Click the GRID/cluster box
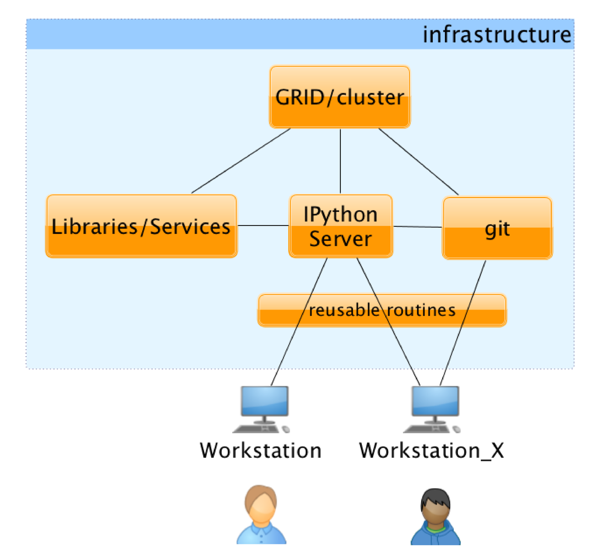[x=339, y=97]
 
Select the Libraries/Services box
[x=141, y=226]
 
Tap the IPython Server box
[x=341, y=226]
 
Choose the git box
[x=497, y=228]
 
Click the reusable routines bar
[x=382, y=310]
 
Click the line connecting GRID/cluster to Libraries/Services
[x=241, y=161]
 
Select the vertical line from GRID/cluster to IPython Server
[x=340, y=161]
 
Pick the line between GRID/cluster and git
[x=418, y=162]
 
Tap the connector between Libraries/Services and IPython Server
[x=263, y=225]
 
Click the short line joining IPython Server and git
[x=417, y=227]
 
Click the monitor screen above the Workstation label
[x=264, y=401]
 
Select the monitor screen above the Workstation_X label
[x=435, y=401]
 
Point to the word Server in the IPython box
[x=340, y=239]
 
